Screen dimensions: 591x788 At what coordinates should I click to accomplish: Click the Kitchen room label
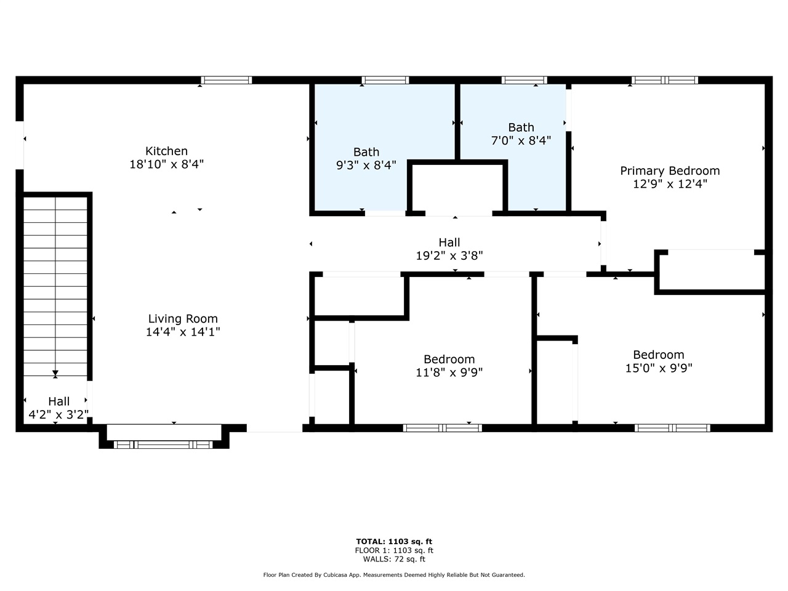pyautogui.click(x=166, y=151)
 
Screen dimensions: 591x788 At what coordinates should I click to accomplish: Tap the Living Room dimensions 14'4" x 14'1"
pyautogui.click(x=182, y=332)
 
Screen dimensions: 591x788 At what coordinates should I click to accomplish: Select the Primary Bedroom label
pyautogui.click(x=669, y=171)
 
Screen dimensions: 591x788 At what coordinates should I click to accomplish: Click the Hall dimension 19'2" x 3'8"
pyautogui.click(x=449, y=256)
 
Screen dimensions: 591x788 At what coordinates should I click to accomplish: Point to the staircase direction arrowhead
pyautogui.click(x=55, y=373)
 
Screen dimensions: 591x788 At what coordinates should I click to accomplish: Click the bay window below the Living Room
pyautogui.click(x=164, y=444)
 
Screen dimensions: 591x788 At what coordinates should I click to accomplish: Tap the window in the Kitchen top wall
pyautogui.click(x=227, y=80)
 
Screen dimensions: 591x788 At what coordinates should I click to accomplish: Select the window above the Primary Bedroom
pyautogui.click(x=664, y=80)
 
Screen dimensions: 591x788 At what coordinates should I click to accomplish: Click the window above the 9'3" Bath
pyautogui.click(x=385, y=80)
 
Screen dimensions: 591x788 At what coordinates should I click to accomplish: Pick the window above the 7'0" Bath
pyautogui.click(x=524, y=80)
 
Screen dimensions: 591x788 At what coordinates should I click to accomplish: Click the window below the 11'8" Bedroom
pyautogui.click(x=442, y=428)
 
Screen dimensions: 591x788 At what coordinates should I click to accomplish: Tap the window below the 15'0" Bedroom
pyautogui.click(x=672, y=428)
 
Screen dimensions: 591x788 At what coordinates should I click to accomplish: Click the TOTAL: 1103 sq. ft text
pyautogui.click(x=394, y=542)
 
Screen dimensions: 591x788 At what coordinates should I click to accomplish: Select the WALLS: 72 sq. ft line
pyautogui.click(x=394, y=559)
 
